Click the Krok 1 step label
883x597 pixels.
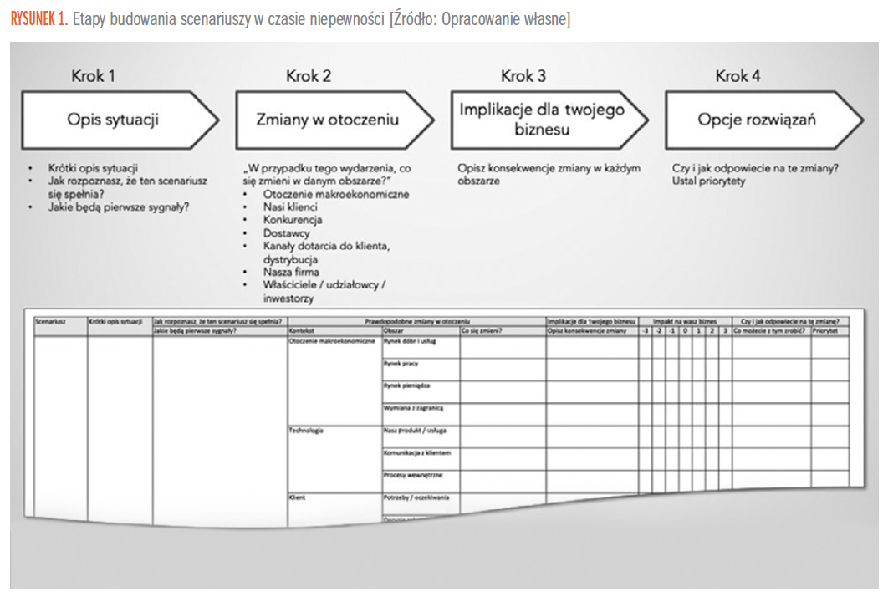tap(93, 76)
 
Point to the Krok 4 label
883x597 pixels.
tap(738, 76)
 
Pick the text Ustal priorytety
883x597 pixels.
tap(708, 181)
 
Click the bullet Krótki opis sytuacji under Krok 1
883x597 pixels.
tap(93, 168)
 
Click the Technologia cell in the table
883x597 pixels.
tap(306, 431)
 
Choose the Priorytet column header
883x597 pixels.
tap(826, 331)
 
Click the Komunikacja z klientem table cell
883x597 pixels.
tap(417, 453)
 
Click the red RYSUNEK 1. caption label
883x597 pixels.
tap(39, 19)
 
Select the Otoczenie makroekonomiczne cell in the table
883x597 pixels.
tap(332, 341)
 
